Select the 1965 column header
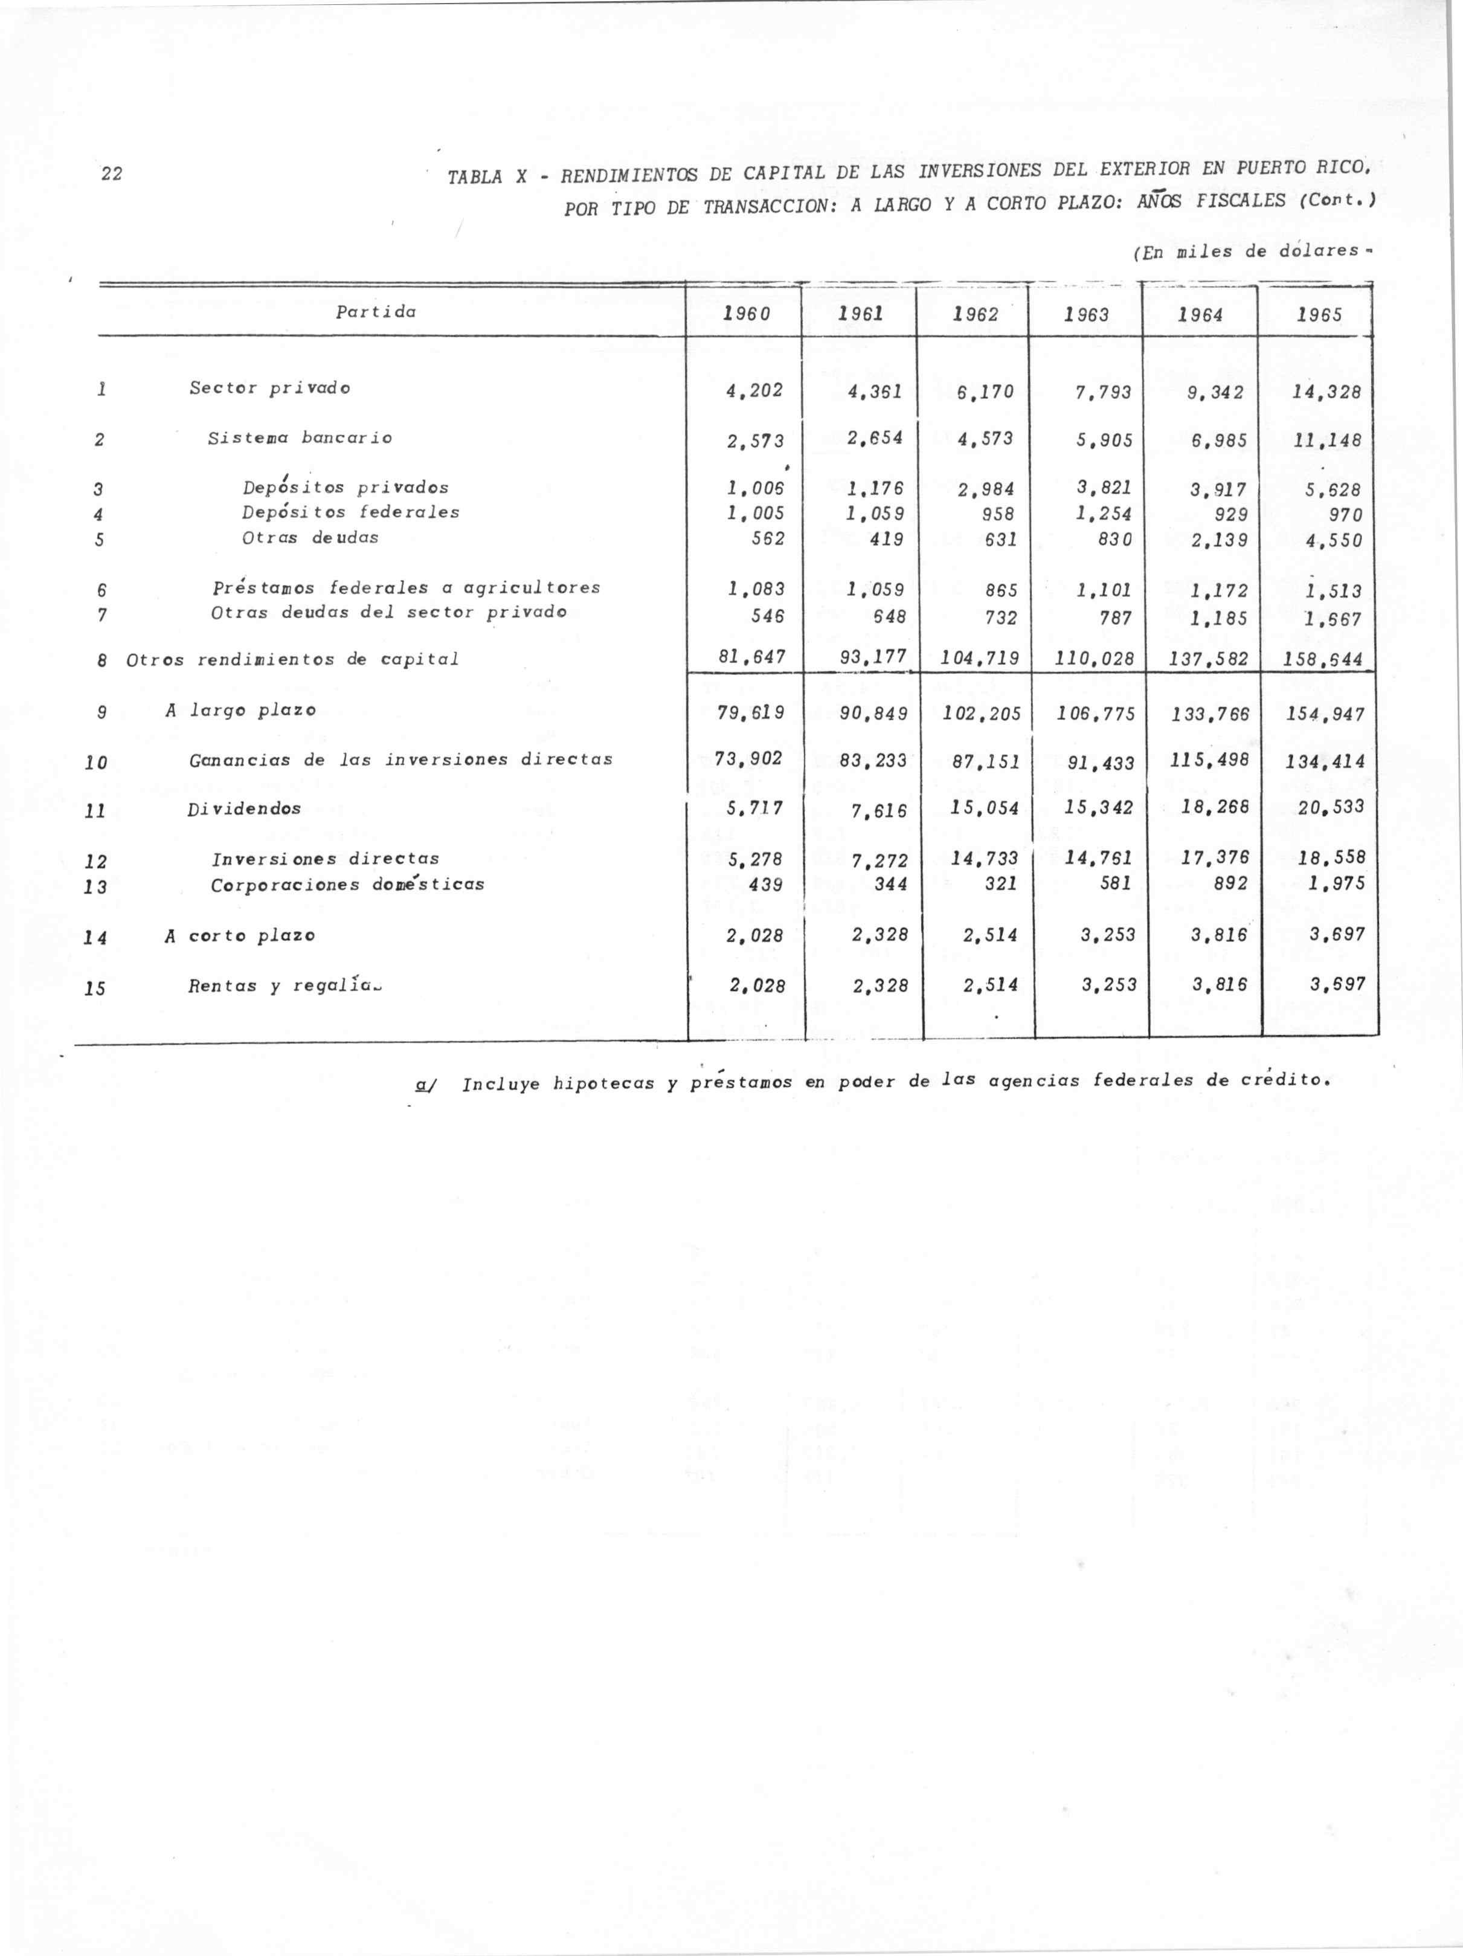(x=1320, y=314)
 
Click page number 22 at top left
(x=111, y=173)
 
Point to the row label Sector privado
(x=269, y=388)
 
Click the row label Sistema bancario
(x=300, y=437)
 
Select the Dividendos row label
(x=244, y=809)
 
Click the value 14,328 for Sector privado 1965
(x=1327, y=392)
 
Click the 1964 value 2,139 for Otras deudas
(x=1218, y=540)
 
